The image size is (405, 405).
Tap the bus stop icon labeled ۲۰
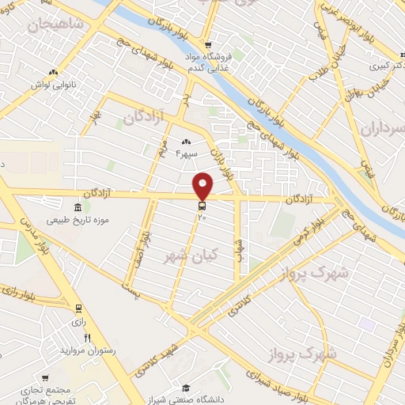[202, 206]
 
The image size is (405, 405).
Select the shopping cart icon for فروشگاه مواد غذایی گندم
[208, 45]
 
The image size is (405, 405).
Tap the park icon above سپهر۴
[186, 141]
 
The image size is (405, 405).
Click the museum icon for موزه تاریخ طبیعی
[54, 206]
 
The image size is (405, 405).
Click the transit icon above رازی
[78, 308]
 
